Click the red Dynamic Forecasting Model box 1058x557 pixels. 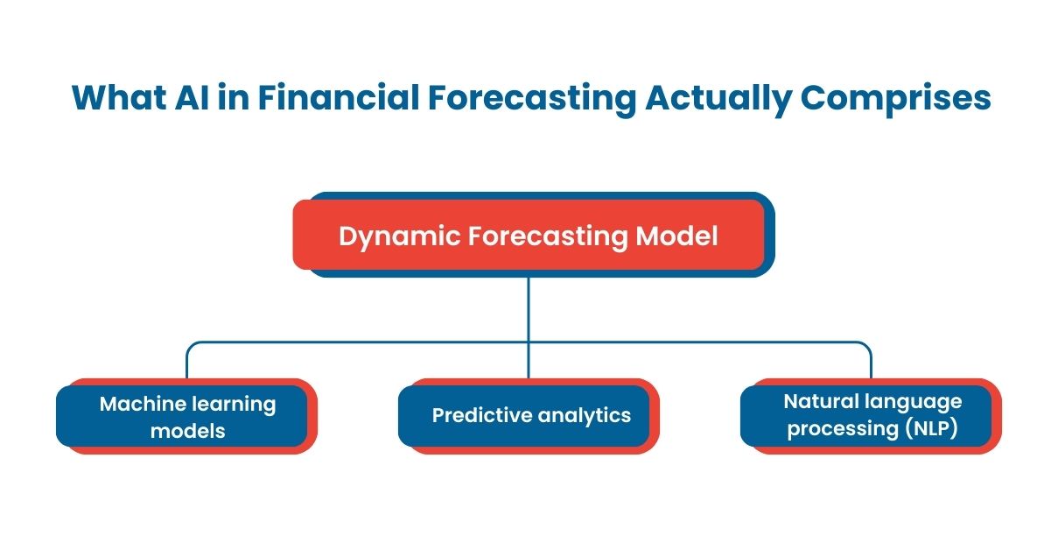pyautogui.click(x=529, y=235)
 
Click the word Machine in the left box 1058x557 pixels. pyautogui.click(x=141, y=404)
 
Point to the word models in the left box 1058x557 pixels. pyautogui.click(x=187, y=430)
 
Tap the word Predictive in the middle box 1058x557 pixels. pyautogui.click(x=479, y=415)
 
